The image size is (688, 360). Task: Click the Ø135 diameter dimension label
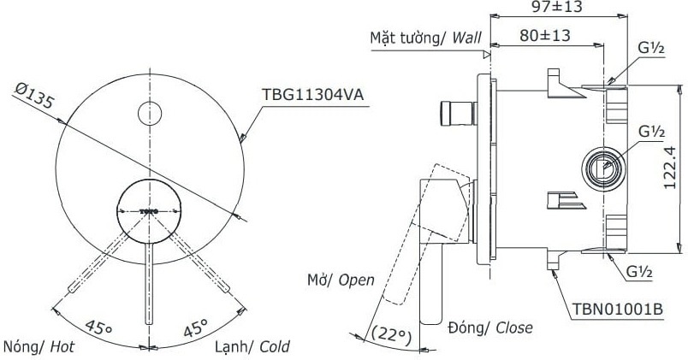tap(35, 96)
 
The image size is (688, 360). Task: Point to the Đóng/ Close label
tap(489, 328)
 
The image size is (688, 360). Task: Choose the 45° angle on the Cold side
tap(197, 328)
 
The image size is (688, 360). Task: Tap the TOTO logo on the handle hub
tap(149, 210)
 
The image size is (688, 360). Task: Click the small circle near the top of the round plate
tap(150, 113)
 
